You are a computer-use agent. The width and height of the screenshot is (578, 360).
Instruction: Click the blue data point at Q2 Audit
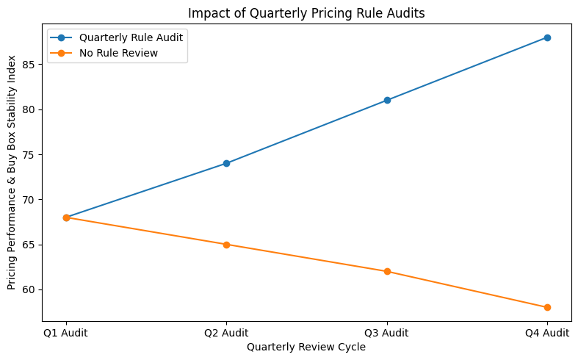pyautogui.click(x=226, y=163)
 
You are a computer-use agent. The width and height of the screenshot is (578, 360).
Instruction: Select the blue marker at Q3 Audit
pyautogui.click(x=387, y=100)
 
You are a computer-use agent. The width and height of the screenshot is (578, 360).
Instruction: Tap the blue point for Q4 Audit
pyautogui.click(x=547, y=37)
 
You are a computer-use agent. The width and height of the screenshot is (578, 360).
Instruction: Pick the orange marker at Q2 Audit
pyautogui.click(x=226, y=245)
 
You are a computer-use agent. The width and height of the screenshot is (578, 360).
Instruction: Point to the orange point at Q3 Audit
pyautogui.click(x=387, y=272)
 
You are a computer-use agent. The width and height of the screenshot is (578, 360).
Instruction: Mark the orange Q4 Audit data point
pyautogui.click(x=547, y=307)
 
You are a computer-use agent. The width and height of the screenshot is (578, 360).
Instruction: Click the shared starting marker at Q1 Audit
pyautogui.click(x=66, y=217)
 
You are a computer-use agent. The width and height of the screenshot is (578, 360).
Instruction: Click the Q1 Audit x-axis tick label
pyautogui.click(x=66, y=333)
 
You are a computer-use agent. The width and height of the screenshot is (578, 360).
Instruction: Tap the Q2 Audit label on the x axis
pyautogui.click(x=226, y=333)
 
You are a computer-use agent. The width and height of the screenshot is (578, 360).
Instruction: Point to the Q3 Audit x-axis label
pyautogui.click(x=387, y=333)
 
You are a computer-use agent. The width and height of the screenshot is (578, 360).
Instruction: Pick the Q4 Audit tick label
pyautogui.click(x=547, y=333)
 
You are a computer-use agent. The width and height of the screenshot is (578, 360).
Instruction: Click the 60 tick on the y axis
pyautogui.click(x=29, y=289)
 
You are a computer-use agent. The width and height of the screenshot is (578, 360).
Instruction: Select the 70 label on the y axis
pyautogui.click(x=29, y=200)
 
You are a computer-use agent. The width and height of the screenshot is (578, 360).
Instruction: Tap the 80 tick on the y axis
pyautogui.click(x=29, y=109)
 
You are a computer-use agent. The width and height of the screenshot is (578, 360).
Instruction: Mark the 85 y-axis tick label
pyautogui.click(x=29, y=65)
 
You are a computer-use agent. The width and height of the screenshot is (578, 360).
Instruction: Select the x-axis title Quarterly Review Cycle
pyautogui.click(x=306, y=348)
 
